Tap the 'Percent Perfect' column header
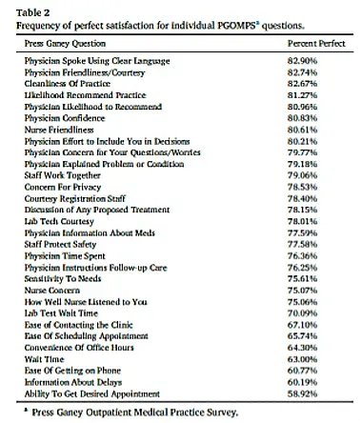pos(315,44)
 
